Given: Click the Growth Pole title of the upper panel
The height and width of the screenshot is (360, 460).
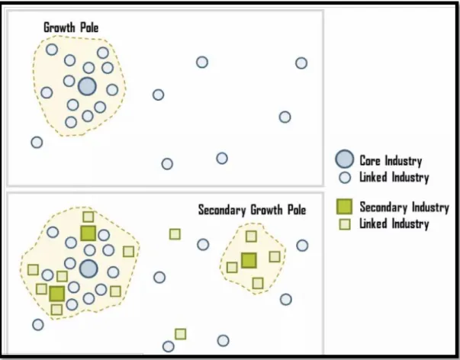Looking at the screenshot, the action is pyautogui.click(x=71, y=27).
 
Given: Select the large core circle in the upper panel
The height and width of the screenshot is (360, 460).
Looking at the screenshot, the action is pyautogui.click(x=87, y=86).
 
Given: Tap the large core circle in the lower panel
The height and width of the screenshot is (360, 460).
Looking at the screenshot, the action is pyautogui.click(x=88, y=268).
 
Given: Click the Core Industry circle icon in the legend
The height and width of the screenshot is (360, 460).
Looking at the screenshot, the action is pyautogui.click(x=344, y=159).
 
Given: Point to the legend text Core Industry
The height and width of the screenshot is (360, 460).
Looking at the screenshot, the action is pyautogui.click(x=391, y=161).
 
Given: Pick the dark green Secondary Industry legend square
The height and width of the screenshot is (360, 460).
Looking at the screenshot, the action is pyautogui.click(x=344, y=207).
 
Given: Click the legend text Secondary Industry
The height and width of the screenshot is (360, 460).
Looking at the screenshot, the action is pyautogui.click(x=404, y=207).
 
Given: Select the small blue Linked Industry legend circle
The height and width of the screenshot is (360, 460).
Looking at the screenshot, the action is pyautogui.click(x=345, y=178).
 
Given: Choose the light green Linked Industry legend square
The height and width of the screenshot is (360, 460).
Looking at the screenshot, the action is pyautogui.click(x=345, y=224).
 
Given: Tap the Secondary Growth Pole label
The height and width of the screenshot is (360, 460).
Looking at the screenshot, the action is pyautogui.click(x=252, y=210).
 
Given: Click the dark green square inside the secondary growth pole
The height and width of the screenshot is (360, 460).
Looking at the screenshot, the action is pyautogui.click(x=249, y=260).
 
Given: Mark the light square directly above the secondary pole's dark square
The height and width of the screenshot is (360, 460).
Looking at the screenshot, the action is pyautogui.click(x=251, y=236).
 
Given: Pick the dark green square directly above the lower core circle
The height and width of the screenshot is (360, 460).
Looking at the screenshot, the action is pyautogui.click(x=88, y=233).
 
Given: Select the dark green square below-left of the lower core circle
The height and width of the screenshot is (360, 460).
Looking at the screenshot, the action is pyautogui.click(x=57, y=294).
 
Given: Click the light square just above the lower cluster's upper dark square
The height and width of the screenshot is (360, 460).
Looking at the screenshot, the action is pyautogui.click(x=88, y=217).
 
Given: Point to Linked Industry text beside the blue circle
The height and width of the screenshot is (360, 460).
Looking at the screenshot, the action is pyautogui.click(x=394, y=178).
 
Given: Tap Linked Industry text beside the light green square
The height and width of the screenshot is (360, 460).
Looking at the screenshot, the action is pyautogui.click(x=394, y=224).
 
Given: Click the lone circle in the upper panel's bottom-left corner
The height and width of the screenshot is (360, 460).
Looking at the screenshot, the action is pyautogui.click(x=37, y=143).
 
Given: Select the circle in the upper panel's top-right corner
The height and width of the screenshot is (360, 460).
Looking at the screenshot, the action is pyautogui.click(x=301, y=63).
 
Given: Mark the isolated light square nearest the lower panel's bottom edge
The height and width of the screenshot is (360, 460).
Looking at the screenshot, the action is pyautogui.click(x=181, y=334).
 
